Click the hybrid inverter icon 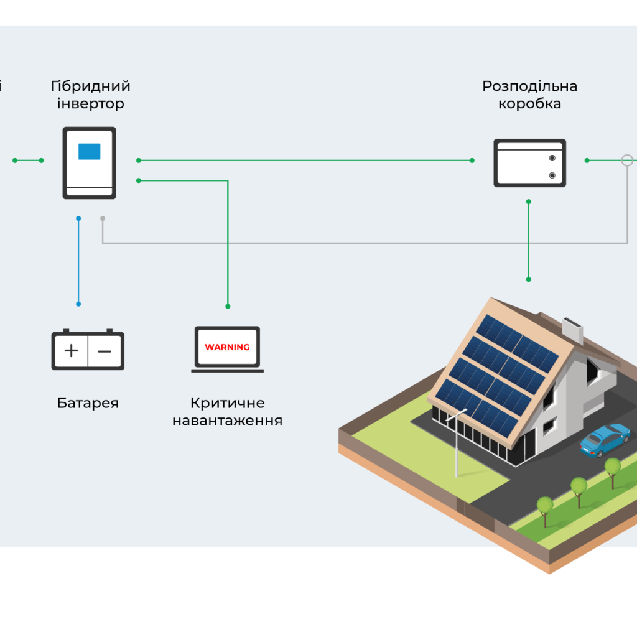(x=90, y=163)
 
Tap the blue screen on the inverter (x=89, y=151)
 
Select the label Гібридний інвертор (x=91, y=95)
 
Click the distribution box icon (x=529, y=163)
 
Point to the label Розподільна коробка (x=529, y=95)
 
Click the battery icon (x=88, y=350)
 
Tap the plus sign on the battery (x=72, y=351)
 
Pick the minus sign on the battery (x=105, y=351)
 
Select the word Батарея (x=88, y=403)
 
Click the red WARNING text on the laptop (x=227, y=347)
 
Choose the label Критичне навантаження (x=227, y=412)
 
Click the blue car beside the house (x=605, y=440)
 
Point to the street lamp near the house (x=457, y=442)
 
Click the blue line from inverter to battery (x=78, y=261)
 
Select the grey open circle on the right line (x=627, y=160)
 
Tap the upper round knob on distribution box (x=552, y=158)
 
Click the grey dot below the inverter (x=103, y=218)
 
